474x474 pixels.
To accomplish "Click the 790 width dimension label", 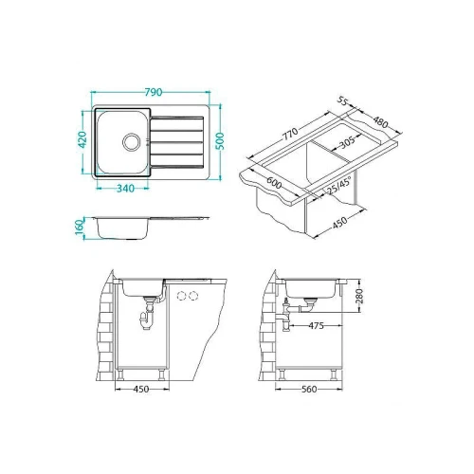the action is pos(154,92).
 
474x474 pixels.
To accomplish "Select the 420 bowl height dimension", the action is pos(82,139).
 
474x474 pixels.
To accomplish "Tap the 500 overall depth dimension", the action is pos(221,141).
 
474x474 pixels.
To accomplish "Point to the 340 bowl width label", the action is pos(126,189).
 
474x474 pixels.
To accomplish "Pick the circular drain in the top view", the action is pos(131,141).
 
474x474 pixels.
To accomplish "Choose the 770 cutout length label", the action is pos(290,134).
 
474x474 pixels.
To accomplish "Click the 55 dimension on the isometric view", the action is pos(342,100).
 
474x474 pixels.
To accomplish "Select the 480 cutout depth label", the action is pos(380,122).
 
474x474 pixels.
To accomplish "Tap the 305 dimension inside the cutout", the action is pos(347,143).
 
